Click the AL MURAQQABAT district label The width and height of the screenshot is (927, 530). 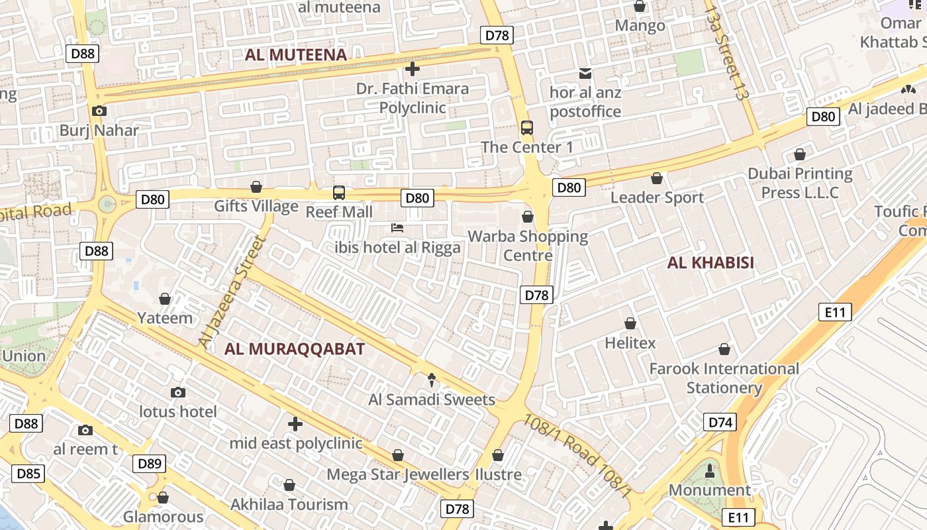[294, 349]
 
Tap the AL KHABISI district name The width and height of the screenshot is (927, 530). [710, 263]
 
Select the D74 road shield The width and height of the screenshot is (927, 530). [720, 423]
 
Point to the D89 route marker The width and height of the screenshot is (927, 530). [149, 464]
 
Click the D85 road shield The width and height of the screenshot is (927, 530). [28, 474]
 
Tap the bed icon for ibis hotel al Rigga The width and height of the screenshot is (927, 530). [397, 229]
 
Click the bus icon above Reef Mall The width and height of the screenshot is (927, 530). [339, 193]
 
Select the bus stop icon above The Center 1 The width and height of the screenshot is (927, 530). [527, 128]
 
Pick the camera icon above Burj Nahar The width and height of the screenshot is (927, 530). [99, 111]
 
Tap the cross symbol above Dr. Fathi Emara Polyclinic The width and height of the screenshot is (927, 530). [413, 69]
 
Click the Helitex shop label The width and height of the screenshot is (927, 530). [630, 343]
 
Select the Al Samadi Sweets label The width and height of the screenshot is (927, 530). [432, 399]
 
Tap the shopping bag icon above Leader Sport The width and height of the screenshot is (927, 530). [657, 178]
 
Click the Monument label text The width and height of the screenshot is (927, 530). [710, 490]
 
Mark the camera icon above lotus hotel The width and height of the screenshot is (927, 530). [177, 392]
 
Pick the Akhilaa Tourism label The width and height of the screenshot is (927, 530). [289, 505]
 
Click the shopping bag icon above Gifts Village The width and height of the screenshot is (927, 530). [256, 187]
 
